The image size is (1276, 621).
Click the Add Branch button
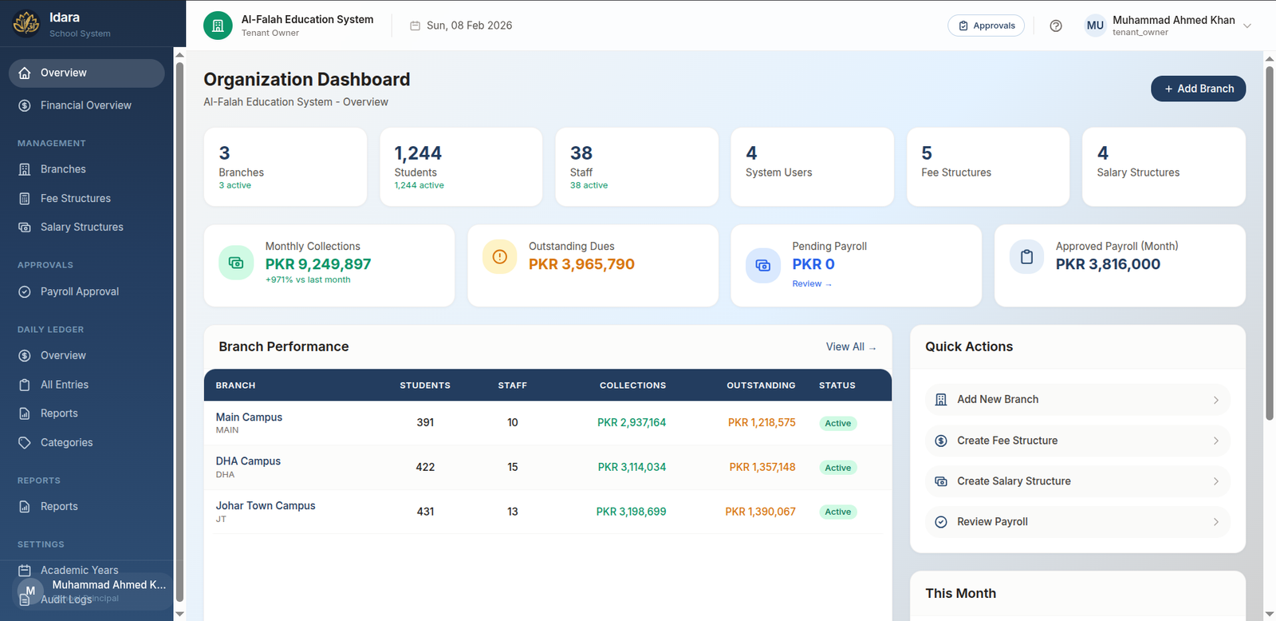pos(1198,89)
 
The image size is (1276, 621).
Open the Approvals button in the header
pos(986,26)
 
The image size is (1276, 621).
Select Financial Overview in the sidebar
pos(85,105)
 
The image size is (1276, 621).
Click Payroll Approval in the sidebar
pos(79,291)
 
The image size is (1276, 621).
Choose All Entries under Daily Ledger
pos(64,385)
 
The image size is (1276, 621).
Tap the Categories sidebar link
pos(66,442)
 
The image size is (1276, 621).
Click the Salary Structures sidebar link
pos(81,227)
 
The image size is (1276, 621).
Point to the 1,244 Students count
pos(418,153)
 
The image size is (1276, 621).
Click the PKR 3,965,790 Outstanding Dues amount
pos(581,264)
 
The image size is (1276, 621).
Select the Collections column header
pos(632,386)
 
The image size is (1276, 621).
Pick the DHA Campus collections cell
pos(632,467)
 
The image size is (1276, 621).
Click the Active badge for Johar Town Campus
pos(837,512)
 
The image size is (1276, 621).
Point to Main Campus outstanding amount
pos(762,422)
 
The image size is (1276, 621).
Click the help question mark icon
pos(1056,26)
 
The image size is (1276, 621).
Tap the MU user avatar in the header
pos(1095,26)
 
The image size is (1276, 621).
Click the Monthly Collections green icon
pos(236,263)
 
